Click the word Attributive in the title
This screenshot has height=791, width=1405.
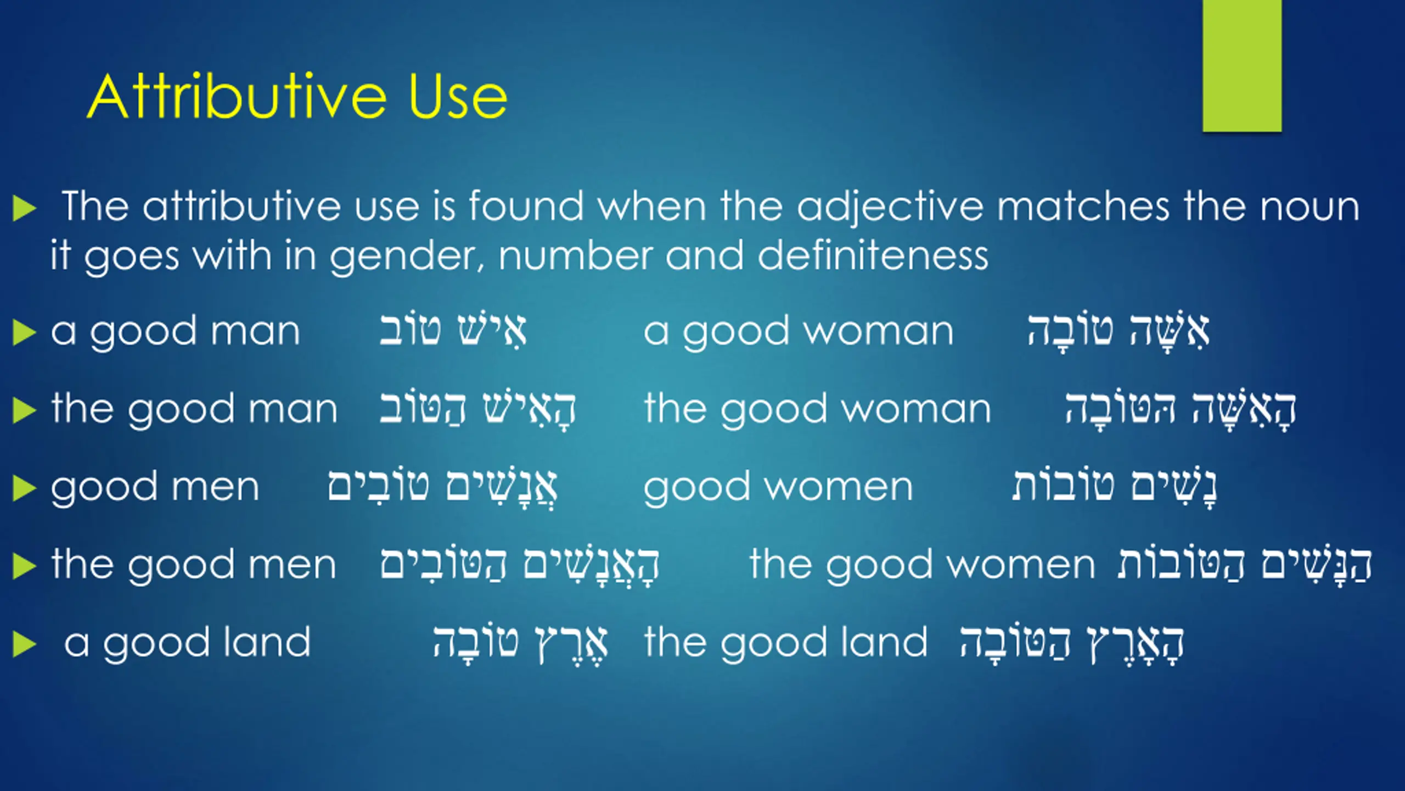(237, 96)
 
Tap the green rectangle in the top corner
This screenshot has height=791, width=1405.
(1242, 66)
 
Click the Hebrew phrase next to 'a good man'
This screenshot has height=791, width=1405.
(453, 331)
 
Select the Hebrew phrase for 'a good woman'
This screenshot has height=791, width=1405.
(1118, 332)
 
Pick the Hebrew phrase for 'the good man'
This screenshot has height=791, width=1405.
(477, 409)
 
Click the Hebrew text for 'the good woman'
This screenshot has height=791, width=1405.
(1180, 410)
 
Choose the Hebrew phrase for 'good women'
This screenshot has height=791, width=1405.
(1114, 488)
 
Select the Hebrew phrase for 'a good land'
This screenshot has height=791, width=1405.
(520, 644)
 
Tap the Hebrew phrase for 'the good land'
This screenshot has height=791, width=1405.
(1071, 644)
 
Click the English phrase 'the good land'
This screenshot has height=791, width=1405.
(786, 643)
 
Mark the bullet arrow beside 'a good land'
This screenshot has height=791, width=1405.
(24, 644)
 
